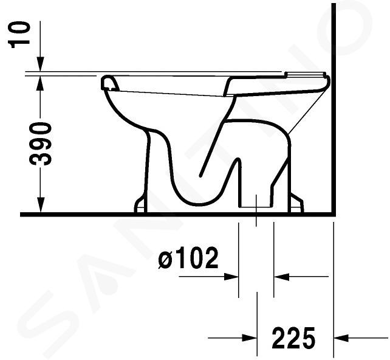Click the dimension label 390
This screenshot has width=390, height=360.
click(41, 144)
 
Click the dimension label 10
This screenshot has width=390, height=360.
click(19, 34)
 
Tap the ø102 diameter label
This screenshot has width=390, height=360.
click(188, 258)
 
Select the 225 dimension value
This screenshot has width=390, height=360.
click(294, 338)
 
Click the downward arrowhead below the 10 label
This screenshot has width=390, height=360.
click(40, 64)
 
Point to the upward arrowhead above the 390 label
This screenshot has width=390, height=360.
click(40, 83)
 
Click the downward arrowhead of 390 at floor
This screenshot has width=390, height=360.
click(40, 205)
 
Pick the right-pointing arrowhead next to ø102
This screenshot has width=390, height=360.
click(231, 276)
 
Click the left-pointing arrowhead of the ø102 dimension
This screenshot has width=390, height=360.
click(281, 276)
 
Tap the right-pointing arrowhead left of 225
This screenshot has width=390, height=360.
click(249, 338)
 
